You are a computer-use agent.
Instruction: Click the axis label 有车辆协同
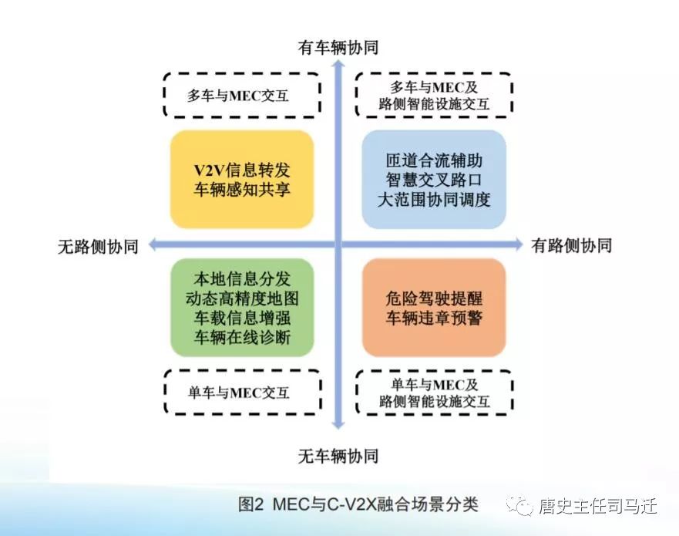338,47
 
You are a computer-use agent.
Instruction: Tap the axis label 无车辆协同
338,456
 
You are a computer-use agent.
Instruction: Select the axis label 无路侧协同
99,246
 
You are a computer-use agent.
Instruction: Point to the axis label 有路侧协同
572,245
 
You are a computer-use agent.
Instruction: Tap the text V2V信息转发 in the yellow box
242,170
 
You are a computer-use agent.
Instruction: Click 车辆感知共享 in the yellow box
242,190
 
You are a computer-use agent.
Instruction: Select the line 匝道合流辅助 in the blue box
434,160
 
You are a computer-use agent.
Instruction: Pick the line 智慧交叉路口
434,180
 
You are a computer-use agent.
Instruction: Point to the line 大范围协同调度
434,199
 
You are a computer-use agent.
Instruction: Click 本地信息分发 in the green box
242,278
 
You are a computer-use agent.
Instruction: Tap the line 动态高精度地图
242,298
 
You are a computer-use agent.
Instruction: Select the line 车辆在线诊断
242,337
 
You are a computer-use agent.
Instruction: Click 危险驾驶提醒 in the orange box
434,298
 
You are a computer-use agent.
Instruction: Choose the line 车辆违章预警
434,318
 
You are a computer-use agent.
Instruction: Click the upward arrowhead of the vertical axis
338,64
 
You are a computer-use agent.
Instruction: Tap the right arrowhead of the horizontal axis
519,244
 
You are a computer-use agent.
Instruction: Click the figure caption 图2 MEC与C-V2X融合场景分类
358,504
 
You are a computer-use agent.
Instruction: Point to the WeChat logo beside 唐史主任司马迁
519,505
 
